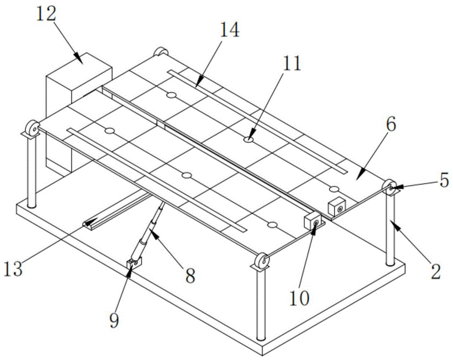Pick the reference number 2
[x=435, y=272]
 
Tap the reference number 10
[x=299, y=298]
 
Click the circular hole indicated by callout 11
[x=248, y=140]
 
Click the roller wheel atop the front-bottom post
[x=262, y=262]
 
